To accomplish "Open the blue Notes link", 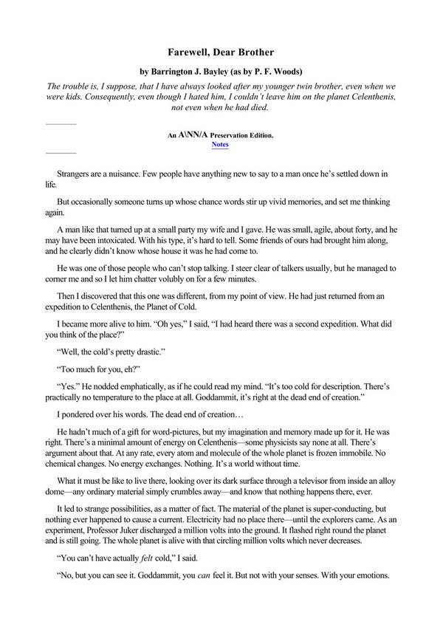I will coord(220,145).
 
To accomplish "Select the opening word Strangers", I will coord(75,173).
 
